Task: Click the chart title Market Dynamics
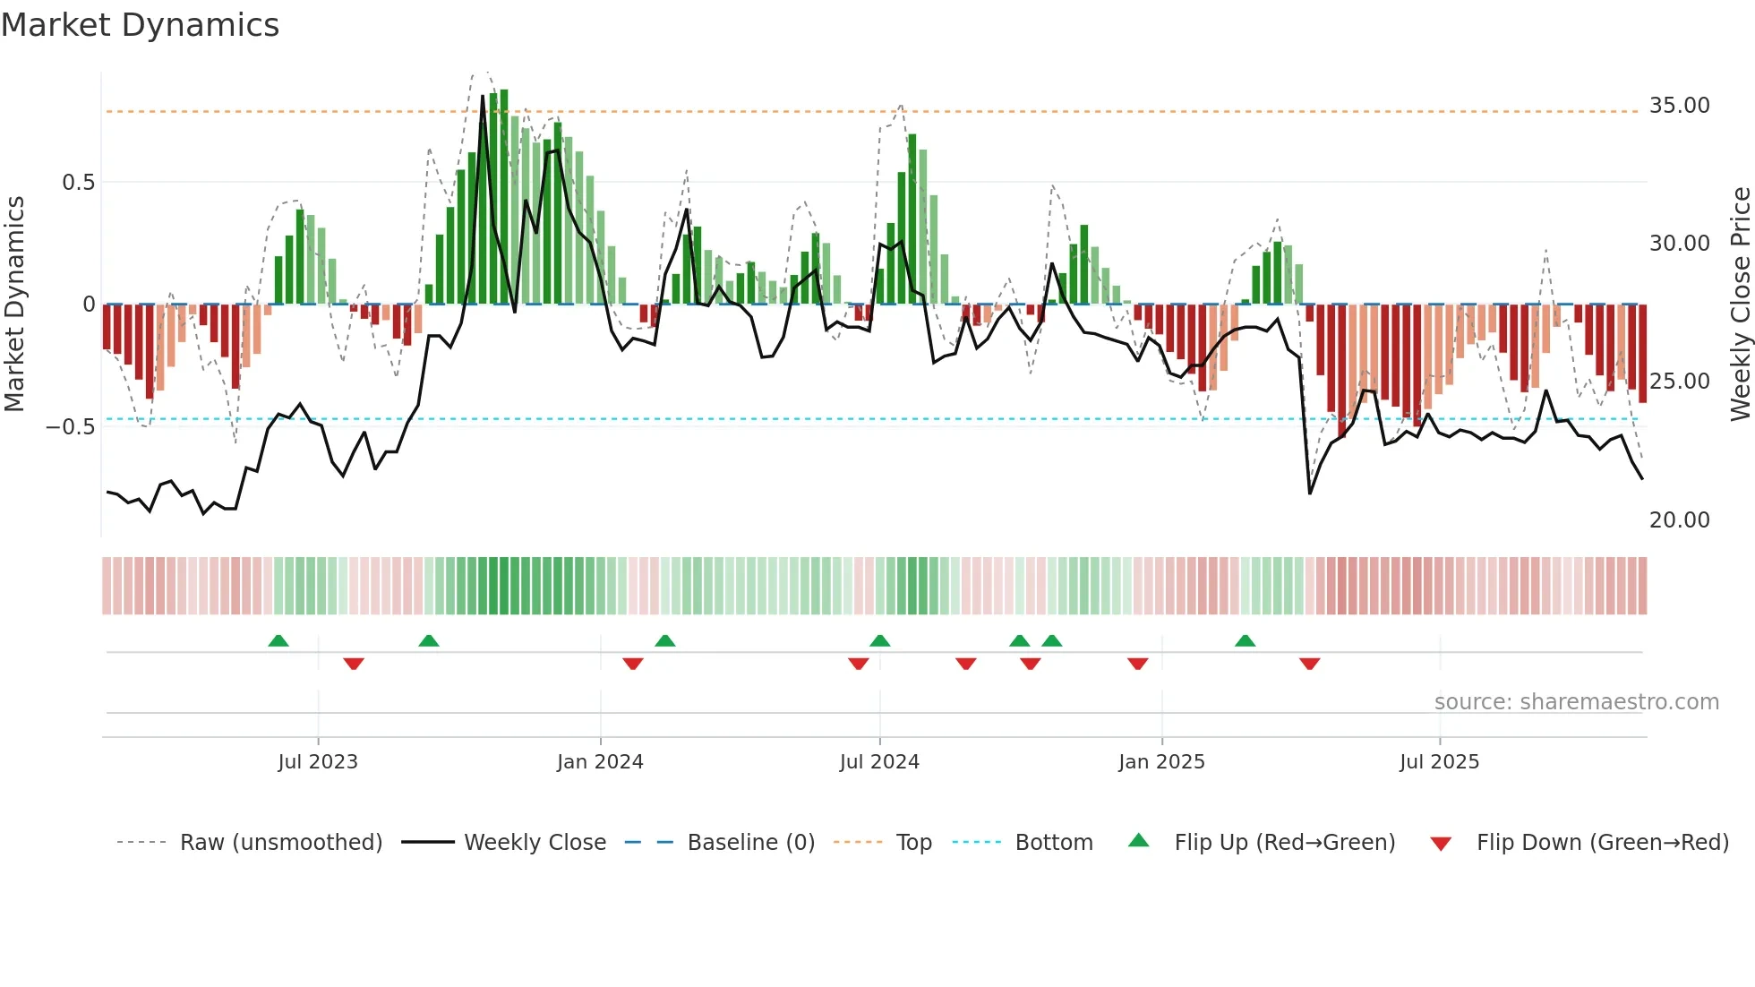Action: point(140,25)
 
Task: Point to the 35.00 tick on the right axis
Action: point(1679,106)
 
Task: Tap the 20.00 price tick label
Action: point(1679,520)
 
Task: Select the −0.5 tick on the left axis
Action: point(71,427)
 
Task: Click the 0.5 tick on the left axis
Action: point(78,183)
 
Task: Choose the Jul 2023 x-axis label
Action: point(317,762)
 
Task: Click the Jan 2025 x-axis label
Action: point(1161,762)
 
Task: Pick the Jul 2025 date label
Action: point(1439,762)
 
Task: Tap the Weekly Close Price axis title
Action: point(1740,304)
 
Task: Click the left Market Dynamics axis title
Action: point(14,304)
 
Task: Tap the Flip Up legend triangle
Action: point(1138,840)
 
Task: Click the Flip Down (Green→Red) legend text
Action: point(1602,843)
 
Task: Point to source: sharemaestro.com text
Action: point(1576,702)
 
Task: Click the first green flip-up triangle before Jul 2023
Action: point(278,640)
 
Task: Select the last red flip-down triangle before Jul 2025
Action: point(1309,664)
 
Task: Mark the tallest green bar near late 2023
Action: point(504,197)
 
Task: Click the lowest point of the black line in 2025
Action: point(1310,493)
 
